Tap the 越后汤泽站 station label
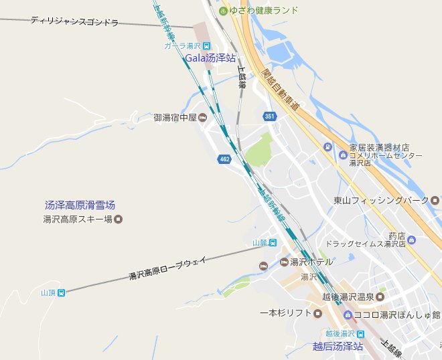338,346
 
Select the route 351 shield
269,116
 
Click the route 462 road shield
224,159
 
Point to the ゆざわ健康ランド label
263,11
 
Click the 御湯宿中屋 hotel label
175,118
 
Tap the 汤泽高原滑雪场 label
80,205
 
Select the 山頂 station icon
62,292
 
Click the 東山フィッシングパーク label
381,200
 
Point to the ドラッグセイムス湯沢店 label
366,244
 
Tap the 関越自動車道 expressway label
281,90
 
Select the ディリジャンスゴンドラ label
74,21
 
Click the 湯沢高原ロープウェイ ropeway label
168,267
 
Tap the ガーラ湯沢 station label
183,46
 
